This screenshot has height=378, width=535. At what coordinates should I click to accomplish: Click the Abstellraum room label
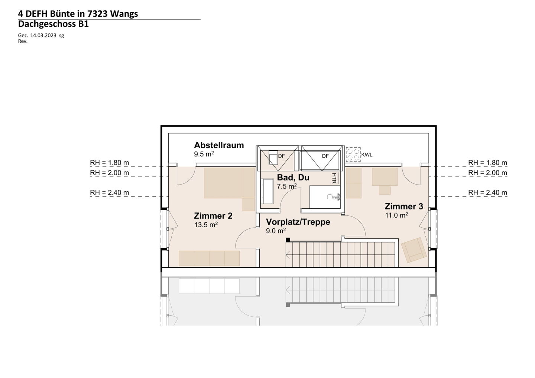coord(219,145)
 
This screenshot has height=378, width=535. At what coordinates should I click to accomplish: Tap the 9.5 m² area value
coord(204,154)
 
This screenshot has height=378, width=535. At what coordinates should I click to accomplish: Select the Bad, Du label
coord(293,177)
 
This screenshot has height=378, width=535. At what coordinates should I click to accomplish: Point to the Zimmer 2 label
coord(213,216)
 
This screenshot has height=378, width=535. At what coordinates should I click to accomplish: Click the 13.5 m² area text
coord(206,225)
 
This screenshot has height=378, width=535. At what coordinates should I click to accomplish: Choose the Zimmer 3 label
coord(404,206)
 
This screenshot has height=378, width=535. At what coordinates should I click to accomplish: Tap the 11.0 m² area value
coord(396,215)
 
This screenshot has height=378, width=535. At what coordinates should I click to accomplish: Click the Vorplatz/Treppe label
coord(298,222)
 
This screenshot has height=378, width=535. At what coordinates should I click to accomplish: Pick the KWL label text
coord(367,155)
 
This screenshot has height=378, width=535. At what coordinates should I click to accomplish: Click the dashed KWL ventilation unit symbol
coord(353,154)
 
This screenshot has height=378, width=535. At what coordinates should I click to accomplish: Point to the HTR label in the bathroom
coord(334,178)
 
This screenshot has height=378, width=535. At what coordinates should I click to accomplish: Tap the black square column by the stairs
coord(288,239)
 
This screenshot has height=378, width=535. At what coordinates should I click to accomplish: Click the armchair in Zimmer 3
coord(414,250)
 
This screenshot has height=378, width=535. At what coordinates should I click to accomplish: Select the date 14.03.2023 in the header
coord(43,36)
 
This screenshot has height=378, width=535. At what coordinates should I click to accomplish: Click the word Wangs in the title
coord(124,14)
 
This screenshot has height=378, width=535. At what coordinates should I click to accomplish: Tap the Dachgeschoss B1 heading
coord(53,24)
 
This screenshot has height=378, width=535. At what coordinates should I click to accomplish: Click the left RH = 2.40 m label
coord(109,192)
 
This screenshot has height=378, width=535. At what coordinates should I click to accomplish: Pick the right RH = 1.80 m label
coord(487,163)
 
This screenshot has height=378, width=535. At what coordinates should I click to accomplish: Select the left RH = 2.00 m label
coord(109,173)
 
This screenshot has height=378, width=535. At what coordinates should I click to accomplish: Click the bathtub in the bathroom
coord(267,191)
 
